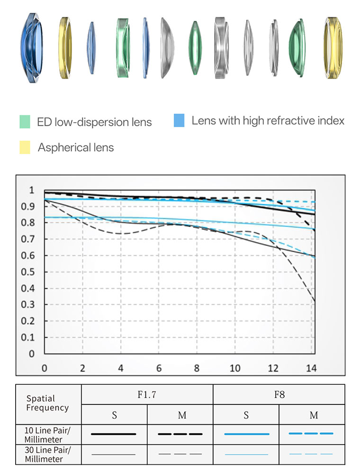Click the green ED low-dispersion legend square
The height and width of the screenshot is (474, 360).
click(x=25, y=122)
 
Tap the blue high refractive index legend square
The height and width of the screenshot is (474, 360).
click(x=179, y=120)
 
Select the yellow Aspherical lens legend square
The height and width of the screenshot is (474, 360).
click(x=25, y=147)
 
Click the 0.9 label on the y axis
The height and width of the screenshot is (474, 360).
click(x=29, y=206)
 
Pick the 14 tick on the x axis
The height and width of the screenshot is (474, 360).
click(x=311, y=368)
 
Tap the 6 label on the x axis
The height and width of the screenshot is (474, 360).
click(x=159, y=368)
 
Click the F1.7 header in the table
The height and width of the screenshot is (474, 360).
click(x=147, y=394)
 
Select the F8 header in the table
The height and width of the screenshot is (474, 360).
click(x=279, y=394)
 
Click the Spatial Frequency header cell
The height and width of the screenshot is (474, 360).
click(x=47, y=403)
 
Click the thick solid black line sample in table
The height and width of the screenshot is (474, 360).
click(x=114, y=434)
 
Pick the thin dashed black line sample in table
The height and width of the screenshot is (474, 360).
click(x=180, y=454)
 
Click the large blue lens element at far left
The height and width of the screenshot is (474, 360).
click(x=32, y=47)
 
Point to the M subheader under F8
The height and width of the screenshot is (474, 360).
click(x=313, y=415)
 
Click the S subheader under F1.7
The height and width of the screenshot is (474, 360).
click(x=114, y=415)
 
